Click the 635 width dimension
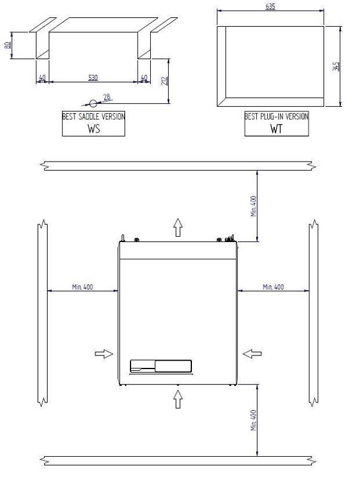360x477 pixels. (x=271, y=7)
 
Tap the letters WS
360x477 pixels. (x=94, y=128)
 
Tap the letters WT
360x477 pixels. (x=276, y=128)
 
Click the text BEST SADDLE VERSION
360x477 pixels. (x=94, y=117)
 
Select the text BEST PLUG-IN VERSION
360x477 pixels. (x=277, y=117)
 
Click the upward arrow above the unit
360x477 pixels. (x=178, y=227)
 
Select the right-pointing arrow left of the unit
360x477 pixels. (x=104, y=354)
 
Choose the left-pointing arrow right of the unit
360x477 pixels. (x=252, y=354)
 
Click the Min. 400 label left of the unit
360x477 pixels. (x=82, y=287)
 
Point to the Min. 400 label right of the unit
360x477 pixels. (x=273, y=287)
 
